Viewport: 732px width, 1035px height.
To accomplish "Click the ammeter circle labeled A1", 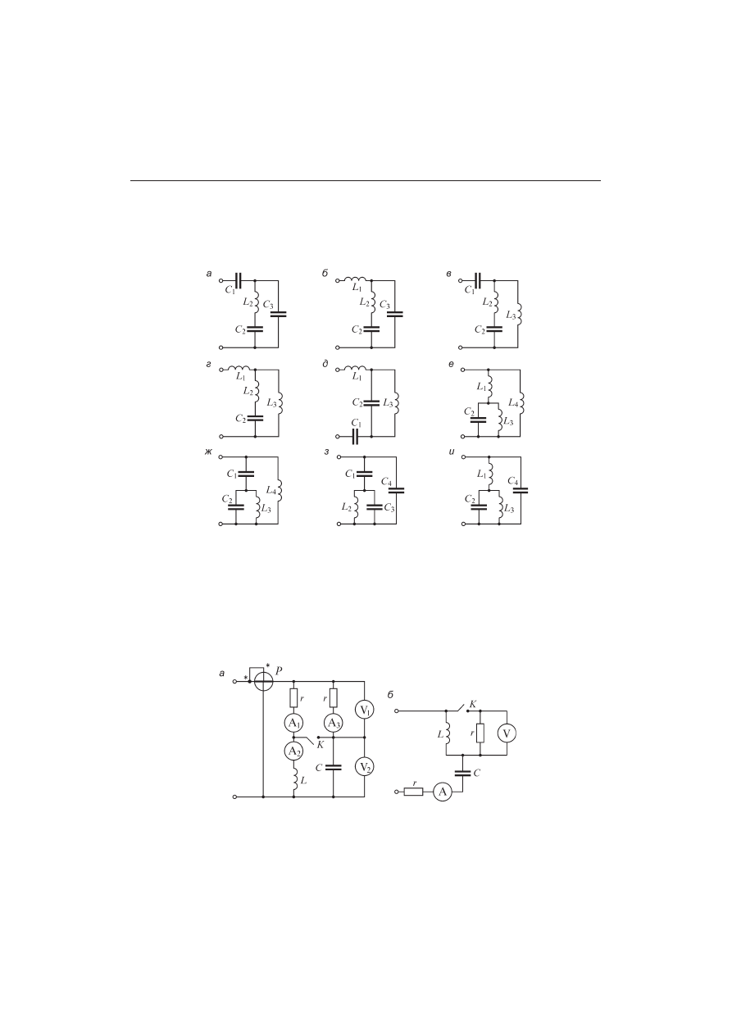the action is [x=293, y=724].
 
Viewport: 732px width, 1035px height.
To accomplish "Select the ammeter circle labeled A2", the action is [x=293, y=751].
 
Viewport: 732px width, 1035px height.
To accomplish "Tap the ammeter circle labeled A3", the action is [x=333, y=724].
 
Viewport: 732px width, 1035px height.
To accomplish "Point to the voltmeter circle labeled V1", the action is [x=365, y=710].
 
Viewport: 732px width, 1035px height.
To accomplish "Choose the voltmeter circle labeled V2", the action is [x=365, y=768].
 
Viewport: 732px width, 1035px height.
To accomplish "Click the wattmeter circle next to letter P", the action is [x=263, y=682].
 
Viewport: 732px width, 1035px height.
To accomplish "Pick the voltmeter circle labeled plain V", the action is [x=507, y=733].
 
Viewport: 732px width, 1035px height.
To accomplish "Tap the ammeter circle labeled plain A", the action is [x=443, y=792].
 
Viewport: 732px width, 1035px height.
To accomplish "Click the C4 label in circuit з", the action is [x=387, y=482].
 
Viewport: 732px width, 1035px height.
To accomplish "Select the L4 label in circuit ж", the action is [x=271, y=491].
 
